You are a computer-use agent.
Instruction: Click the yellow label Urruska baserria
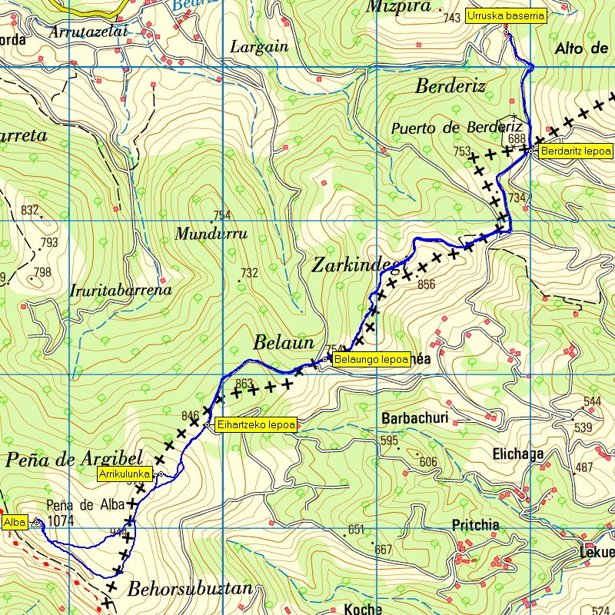(x=506, y=15)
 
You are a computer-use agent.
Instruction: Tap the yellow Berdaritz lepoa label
(x=576, y=151)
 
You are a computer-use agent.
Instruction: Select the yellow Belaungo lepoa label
(x=372, y=358)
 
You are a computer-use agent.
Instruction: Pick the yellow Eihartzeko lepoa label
(x=256, y=424)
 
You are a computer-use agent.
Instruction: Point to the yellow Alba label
(x=15, y=523)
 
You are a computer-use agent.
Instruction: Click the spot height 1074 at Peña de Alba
(x=59, y=521)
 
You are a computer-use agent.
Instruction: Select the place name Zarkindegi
(x=356, y=265)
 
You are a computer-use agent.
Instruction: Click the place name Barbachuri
(x=414, y=420)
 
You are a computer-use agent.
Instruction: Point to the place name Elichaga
(x=517, y=454)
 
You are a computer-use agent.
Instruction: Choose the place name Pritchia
(x=476, y=524)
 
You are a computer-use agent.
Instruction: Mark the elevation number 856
(x=426, y=284)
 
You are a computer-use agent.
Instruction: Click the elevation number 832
(x=30, y=211)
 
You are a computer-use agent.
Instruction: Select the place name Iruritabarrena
(x=120, y=291)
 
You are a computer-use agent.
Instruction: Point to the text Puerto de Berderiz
(x=456, y=127)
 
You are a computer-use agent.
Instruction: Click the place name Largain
(x=259, y=46)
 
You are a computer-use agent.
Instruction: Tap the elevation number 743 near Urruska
(x=452, y=18)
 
